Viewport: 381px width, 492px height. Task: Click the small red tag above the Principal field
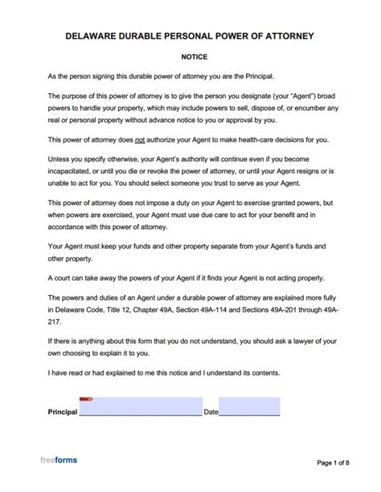[84, 398]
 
